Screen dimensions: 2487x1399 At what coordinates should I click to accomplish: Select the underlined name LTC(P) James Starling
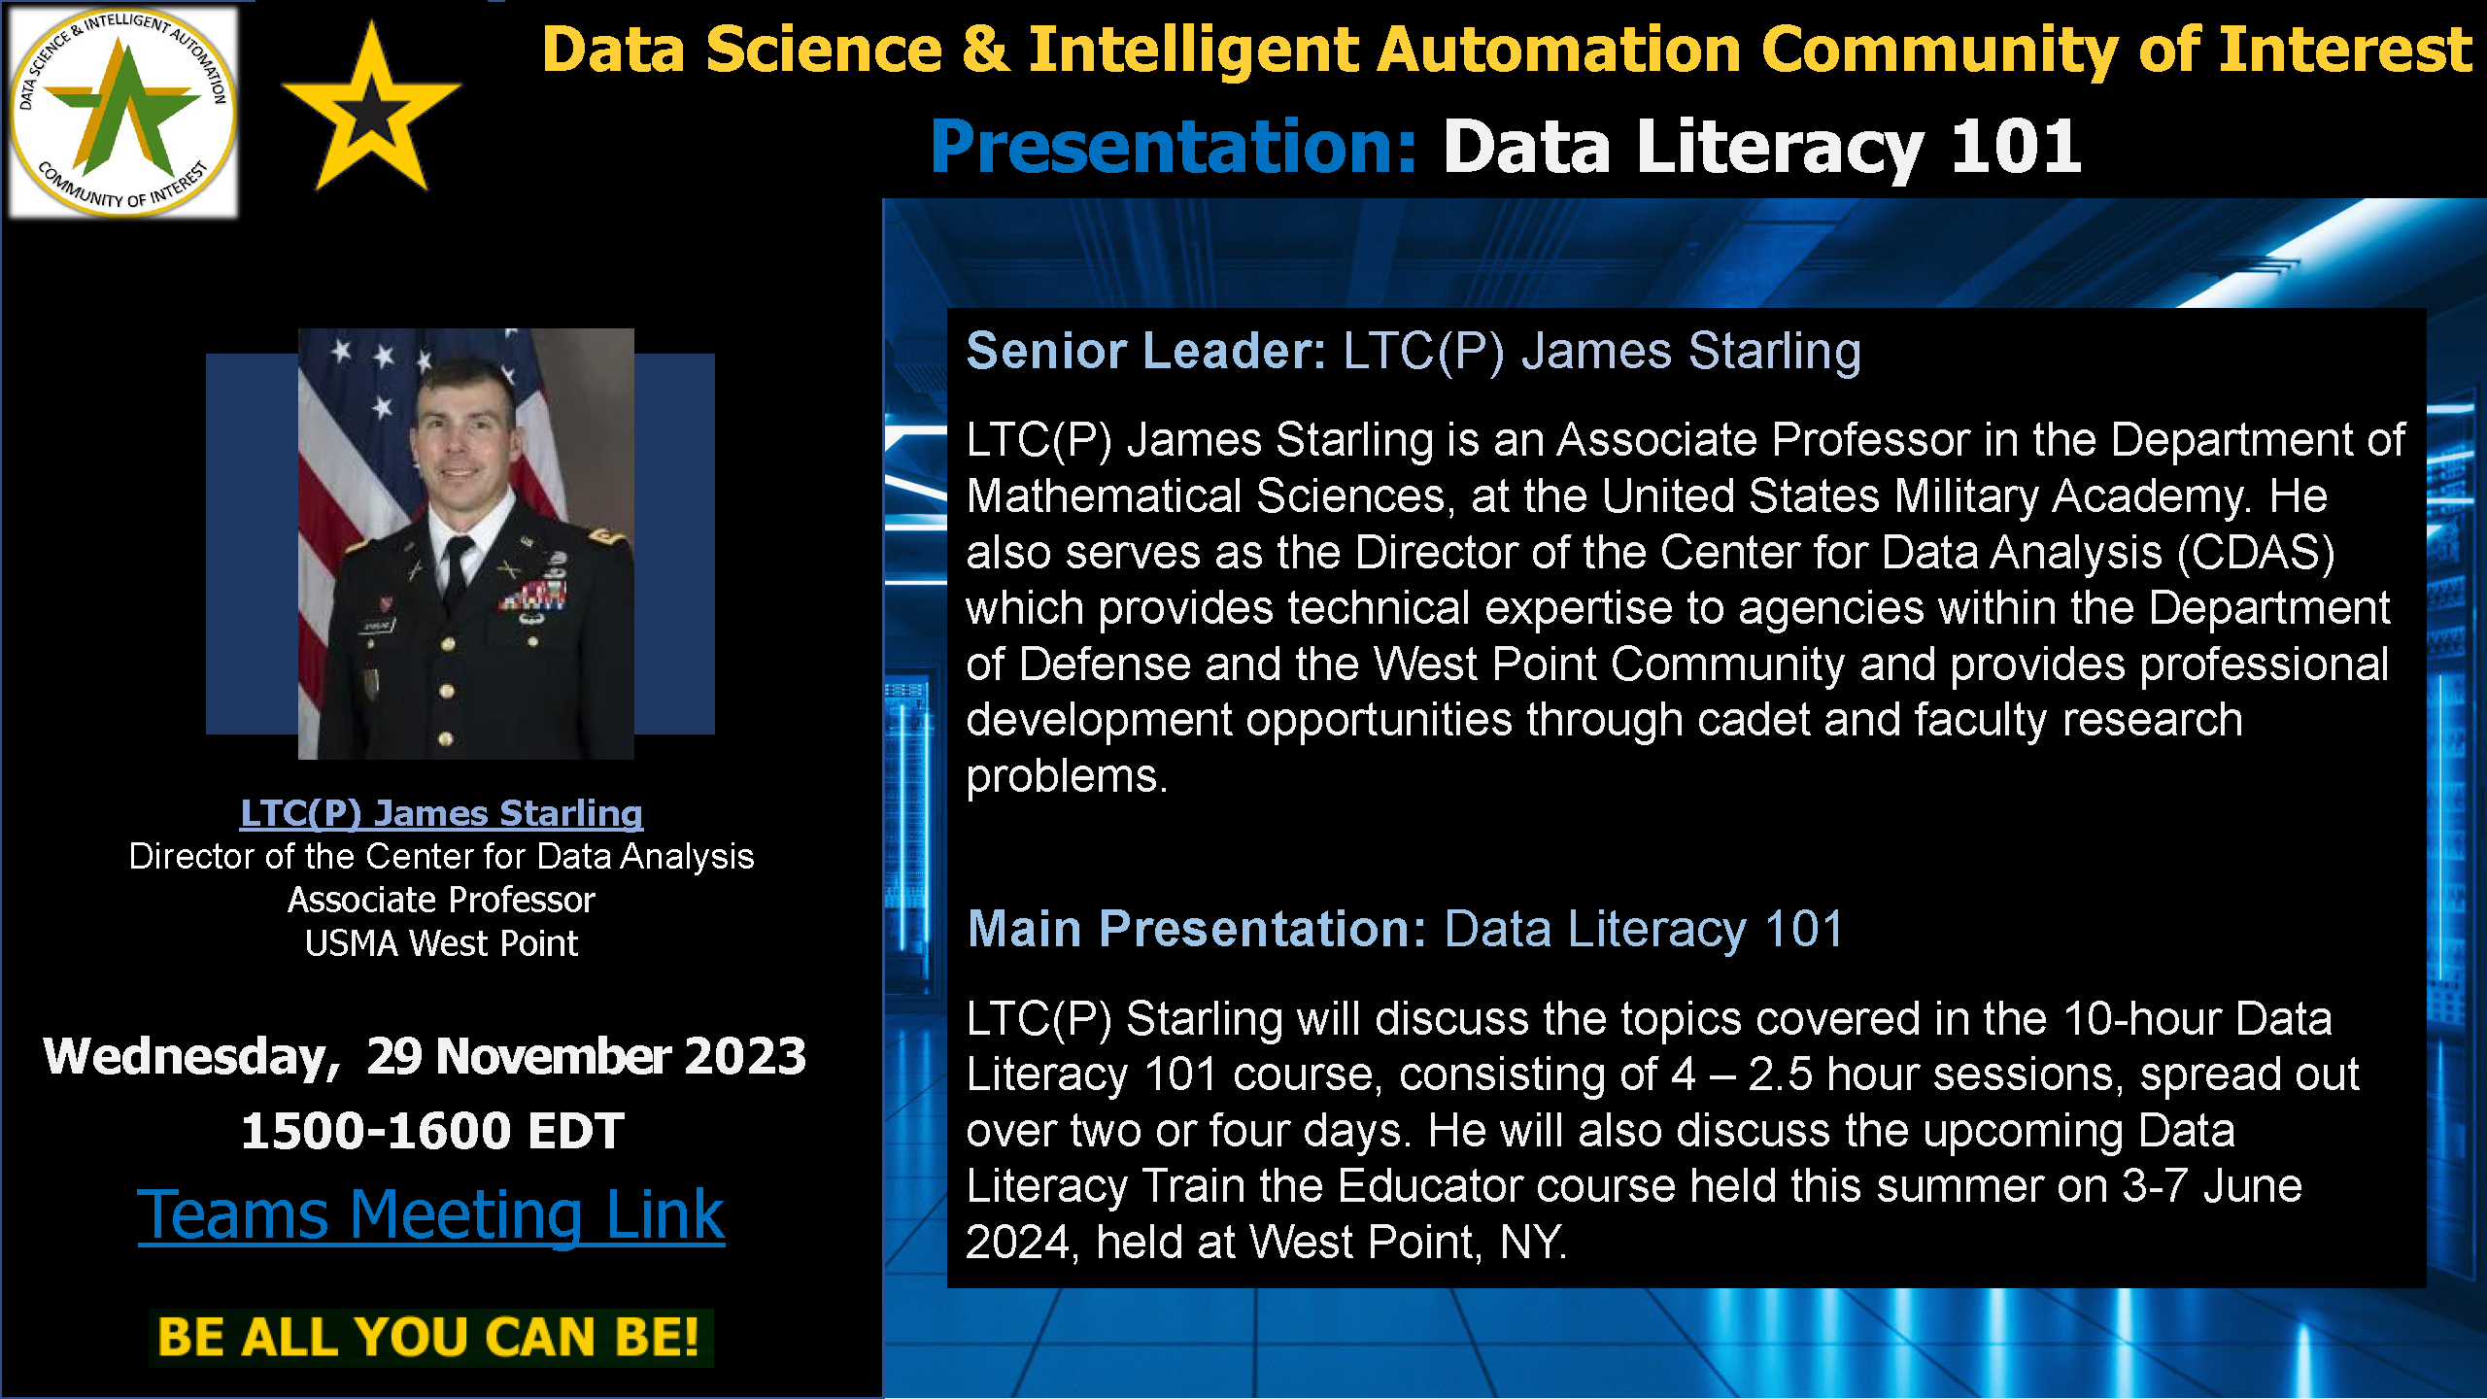[x=441, y=813]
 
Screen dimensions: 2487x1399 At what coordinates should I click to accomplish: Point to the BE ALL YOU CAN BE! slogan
[x=428, y=1337]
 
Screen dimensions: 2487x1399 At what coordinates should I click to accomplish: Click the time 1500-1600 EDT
[x=432, y=1131]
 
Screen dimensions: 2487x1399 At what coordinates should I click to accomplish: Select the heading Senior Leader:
[x=1146, y=351]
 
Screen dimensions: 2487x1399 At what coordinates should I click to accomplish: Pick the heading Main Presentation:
[x=1197, y=929]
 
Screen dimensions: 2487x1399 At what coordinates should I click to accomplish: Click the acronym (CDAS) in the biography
[x=2256, y=553]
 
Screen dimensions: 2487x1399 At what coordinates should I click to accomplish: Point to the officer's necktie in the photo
[x=454, y=571]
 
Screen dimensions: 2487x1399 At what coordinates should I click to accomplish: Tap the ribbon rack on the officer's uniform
[x=534, y=593]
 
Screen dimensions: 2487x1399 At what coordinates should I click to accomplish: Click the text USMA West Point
[x=441, y=943]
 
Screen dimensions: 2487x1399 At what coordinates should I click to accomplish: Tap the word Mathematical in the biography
[x=1105, y=496]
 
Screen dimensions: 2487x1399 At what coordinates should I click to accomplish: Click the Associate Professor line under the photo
[x=441, y=900]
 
